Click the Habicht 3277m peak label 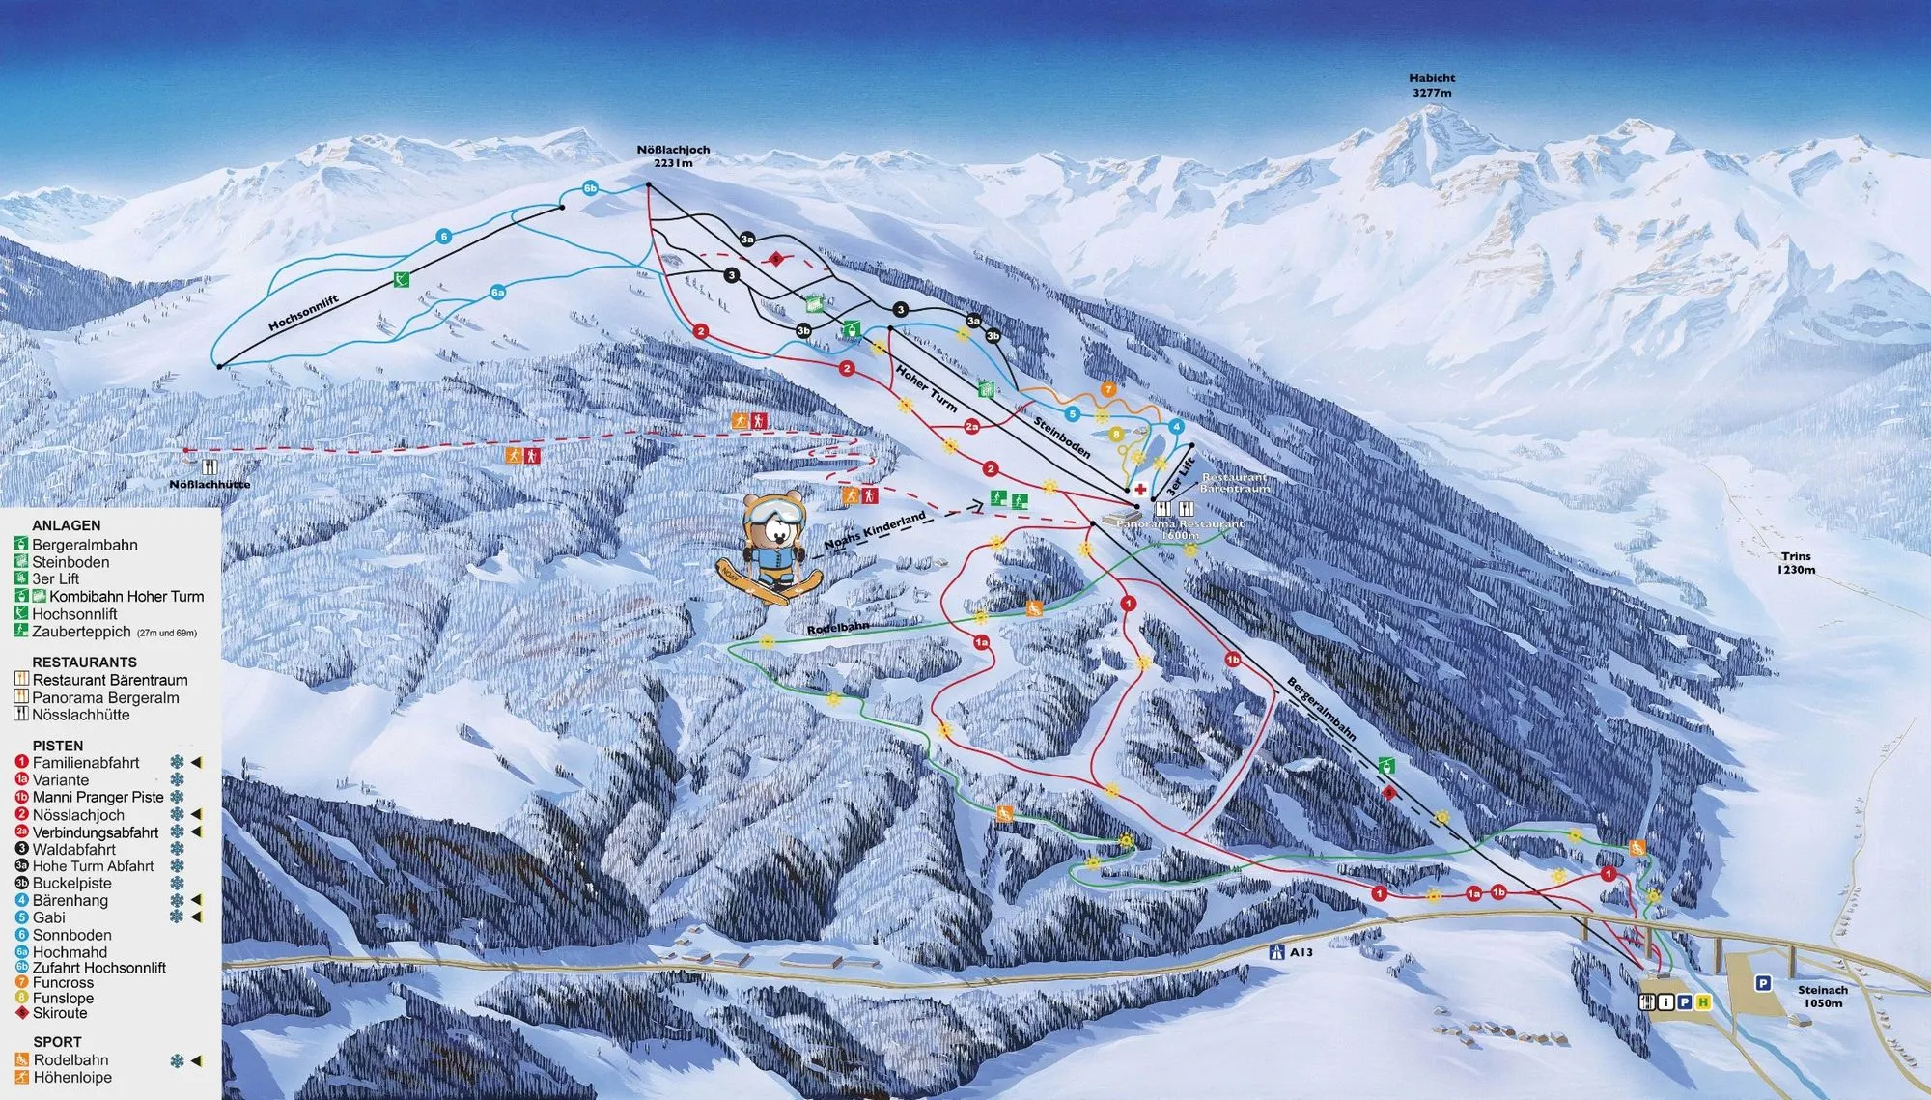(x=1432, y=86)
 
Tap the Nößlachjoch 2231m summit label (x=673, y=156)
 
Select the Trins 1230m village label (x=1796, y=563)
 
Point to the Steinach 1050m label (x=1822, y=996)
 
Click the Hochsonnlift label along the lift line (x=303, y=313)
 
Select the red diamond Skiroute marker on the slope (x=774, y=259)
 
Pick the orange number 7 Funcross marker (x=1108, y=389)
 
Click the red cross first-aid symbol (x=1140, y=489)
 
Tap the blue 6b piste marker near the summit (x=590, y=188)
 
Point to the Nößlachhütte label (x=210, y=484)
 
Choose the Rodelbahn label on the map (x=837, y=628)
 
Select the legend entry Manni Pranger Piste (x=98, y=797)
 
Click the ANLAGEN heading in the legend (x=66, y=525)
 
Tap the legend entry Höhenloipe (x=71, y=1077)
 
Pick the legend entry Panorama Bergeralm (x=104, y=697)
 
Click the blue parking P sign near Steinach (x=1762, y=983)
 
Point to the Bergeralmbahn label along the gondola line (x=1321, y=709)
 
